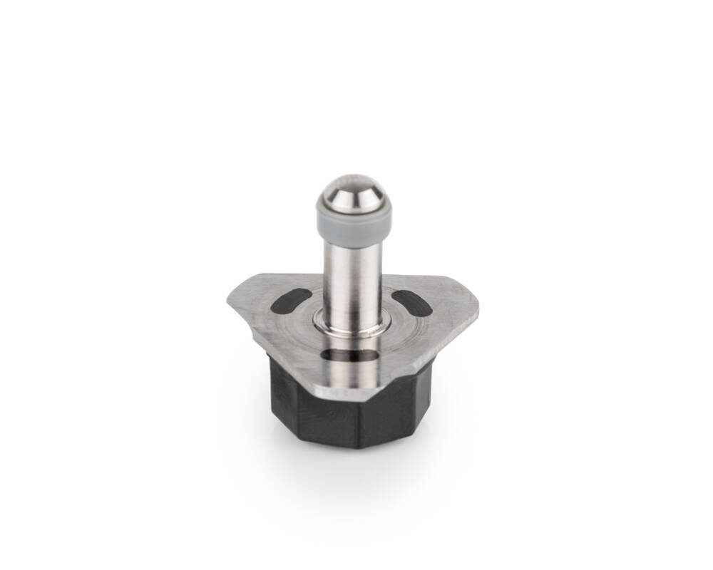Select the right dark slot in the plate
[x=411, y=302]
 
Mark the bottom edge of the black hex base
[x=335, y=445]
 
